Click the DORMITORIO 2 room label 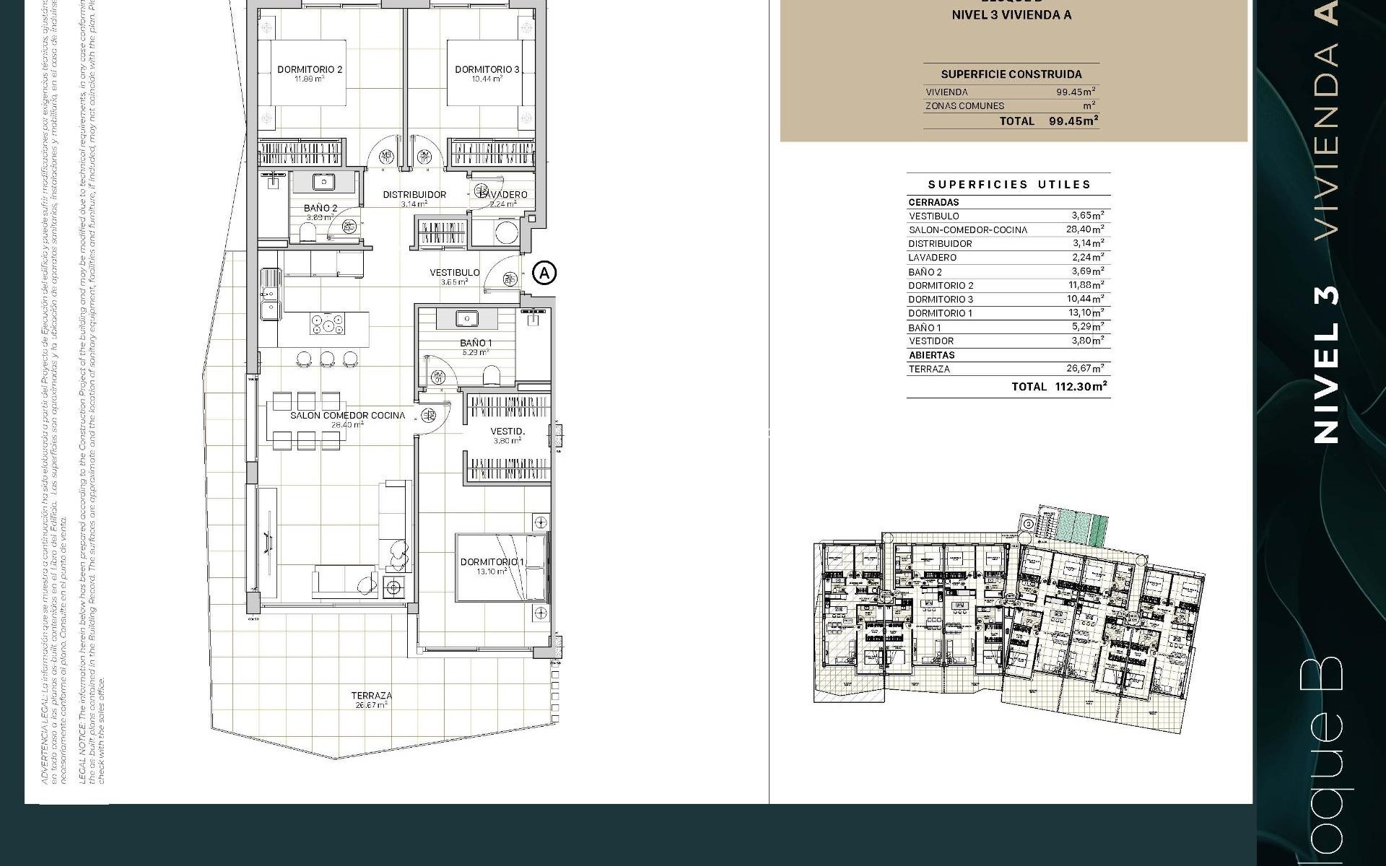click(309, 70)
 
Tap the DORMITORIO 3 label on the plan click(487, 70)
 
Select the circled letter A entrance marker click(544, 273)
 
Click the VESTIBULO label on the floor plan click(454, 273)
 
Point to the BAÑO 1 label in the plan click(476, 343)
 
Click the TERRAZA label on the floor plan click(372, 696)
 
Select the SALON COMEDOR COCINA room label click(347, 416)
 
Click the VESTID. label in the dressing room click(507, 432)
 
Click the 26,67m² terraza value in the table click(1085, 369)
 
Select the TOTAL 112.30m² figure click(1081, 387)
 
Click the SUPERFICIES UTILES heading click(1008, 185)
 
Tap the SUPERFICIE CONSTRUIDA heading click(1011, 74)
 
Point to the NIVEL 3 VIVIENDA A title click(1011, 15)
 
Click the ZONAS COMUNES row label click(964, 106)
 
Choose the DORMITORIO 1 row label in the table click(940, 313)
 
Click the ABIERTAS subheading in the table click(931, 355)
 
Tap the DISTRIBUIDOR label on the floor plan click(414, 195)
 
